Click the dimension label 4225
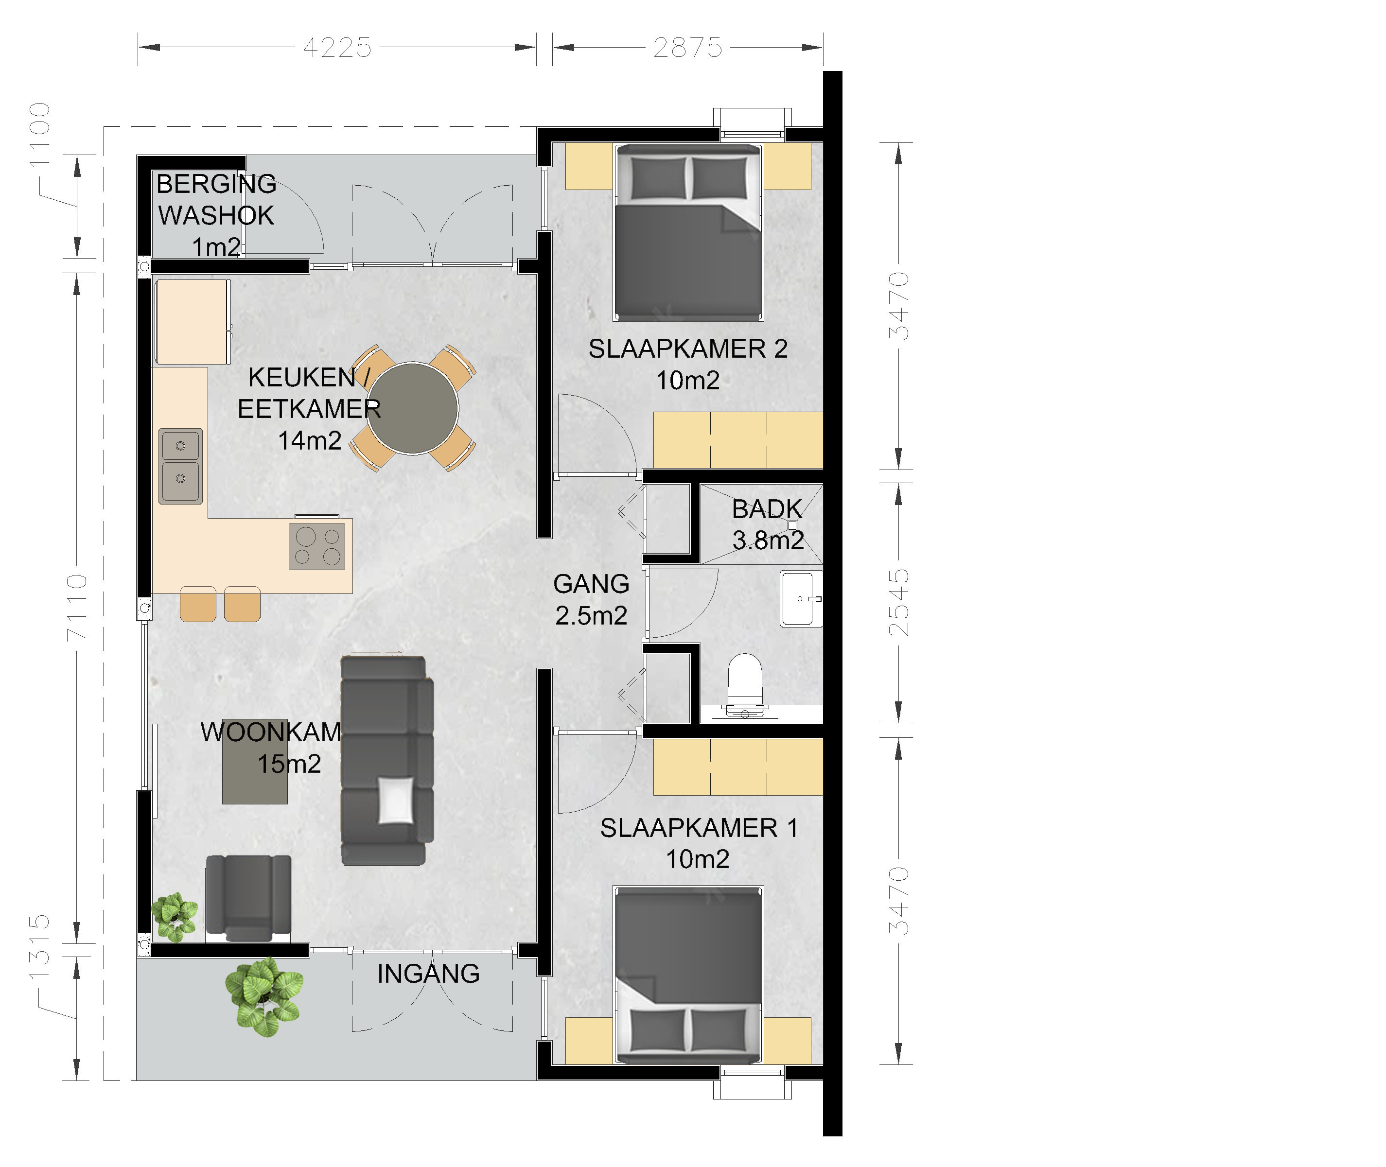pyautogui.click(x=337, y=48)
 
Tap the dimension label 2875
pyautogui.click(x=688, y=48)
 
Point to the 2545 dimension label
pyautogui.click(x=898, y=603)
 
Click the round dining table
pyautogui.click(x=412, y=408)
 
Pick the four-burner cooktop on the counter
pyautogui.click(x=317, y=546)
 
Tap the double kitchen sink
pyautogui.click(x=181, y=466)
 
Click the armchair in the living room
pyautogui.click(x=249, y=898)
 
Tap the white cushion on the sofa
pyautogui.click(x=396, y=801)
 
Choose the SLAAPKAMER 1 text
pyautogui.click(x=699, y=828)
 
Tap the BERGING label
pyautogui.click(x=216, y=184)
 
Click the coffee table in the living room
pyautogui.click(x=255, y=762)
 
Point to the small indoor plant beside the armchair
pyautogui.click(x=175, y=917)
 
